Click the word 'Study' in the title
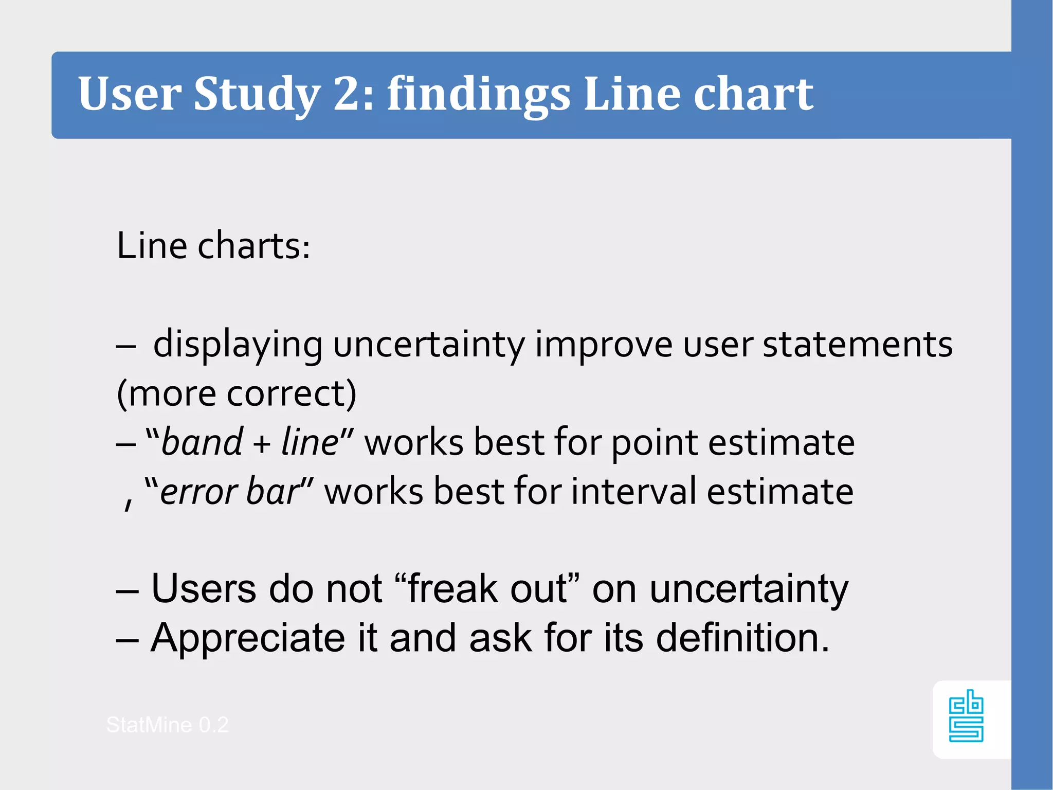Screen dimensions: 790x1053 (257, 94)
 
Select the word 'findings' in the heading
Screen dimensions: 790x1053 (478, 94)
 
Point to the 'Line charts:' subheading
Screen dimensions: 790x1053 (213, 246)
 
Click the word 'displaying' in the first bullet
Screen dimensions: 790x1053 (238, 345)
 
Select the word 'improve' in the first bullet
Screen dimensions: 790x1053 (604, 345)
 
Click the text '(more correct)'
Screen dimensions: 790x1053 (237, 393)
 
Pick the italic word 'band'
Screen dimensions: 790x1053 (202, 442)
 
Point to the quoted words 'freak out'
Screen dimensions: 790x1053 (487, 588)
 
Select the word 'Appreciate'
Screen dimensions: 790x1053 (247, 638)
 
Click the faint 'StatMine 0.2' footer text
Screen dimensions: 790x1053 (167, 725)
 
